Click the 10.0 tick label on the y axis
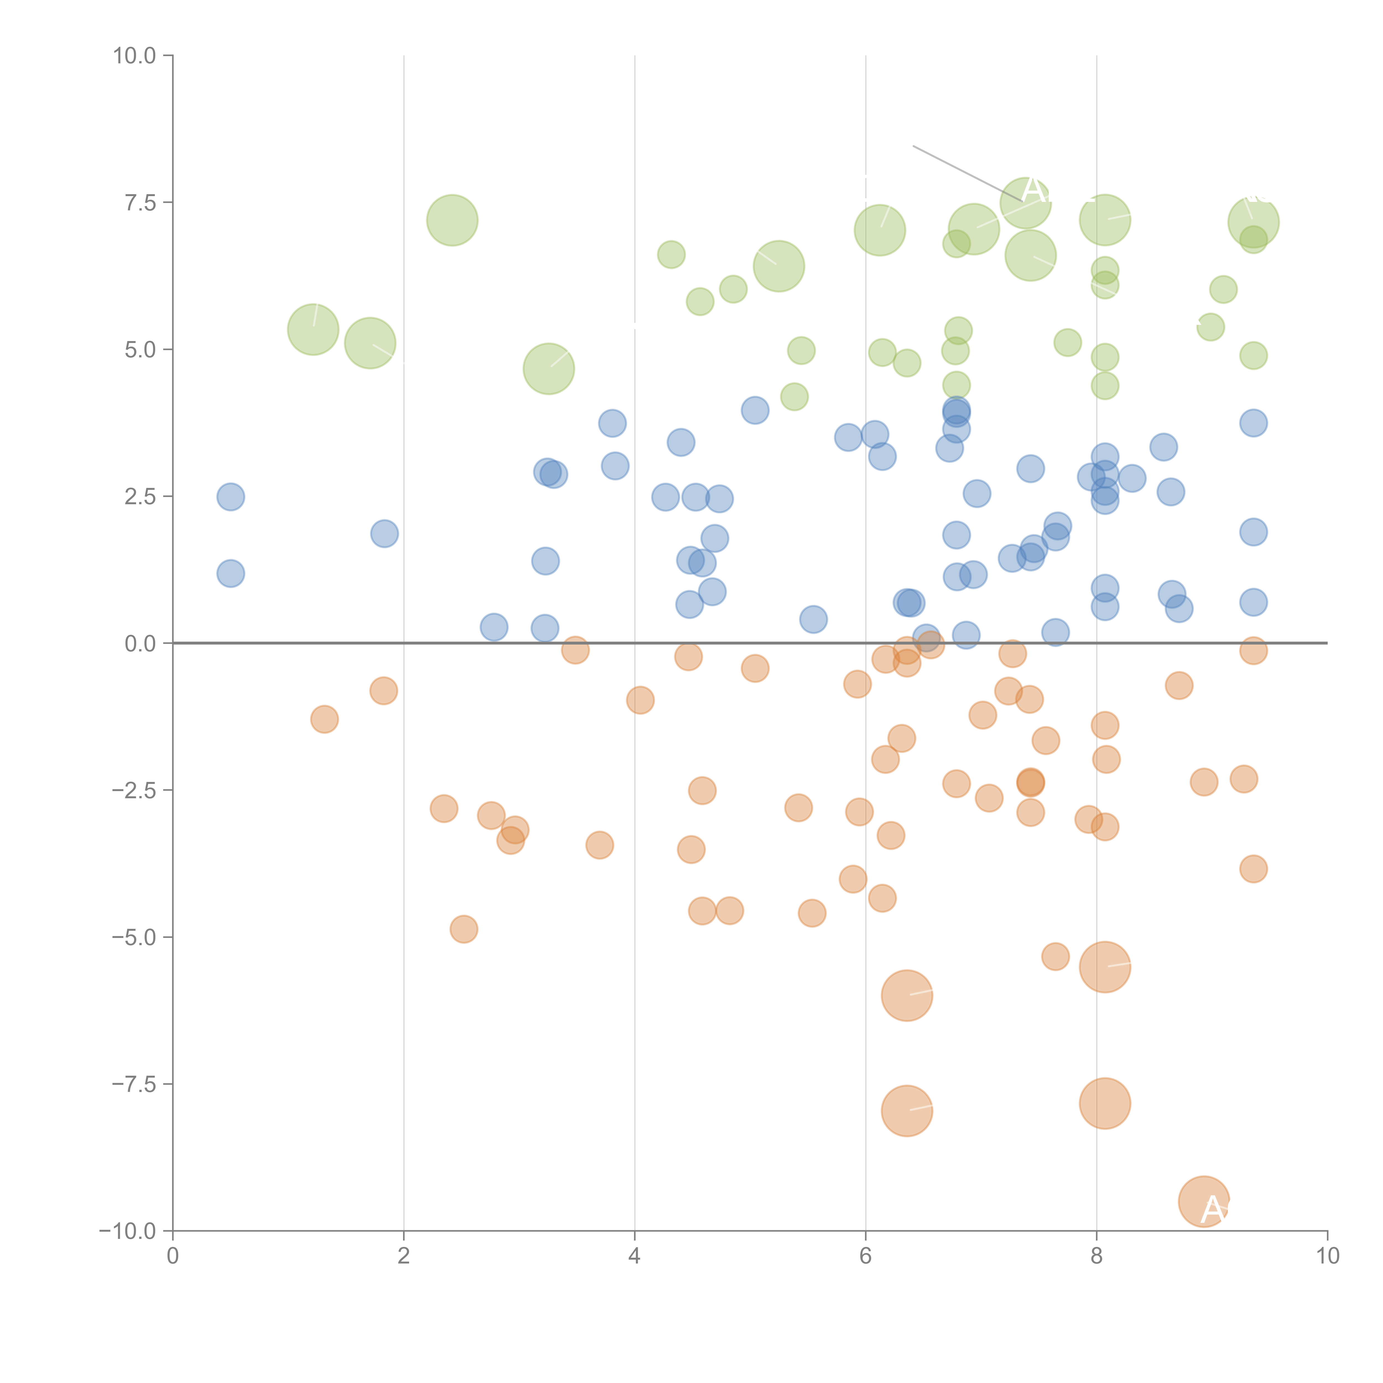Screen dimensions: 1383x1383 [135, 56]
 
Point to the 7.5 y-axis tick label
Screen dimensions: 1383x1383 [140, 202]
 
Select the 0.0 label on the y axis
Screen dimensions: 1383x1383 [140, 644]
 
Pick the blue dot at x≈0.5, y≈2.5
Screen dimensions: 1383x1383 [230, 497]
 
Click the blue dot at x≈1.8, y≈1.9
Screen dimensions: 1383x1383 [384, 533]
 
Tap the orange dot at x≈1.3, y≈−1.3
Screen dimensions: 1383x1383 [324, 719]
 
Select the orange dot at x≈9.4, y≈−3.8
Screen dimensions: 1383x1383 [1253, 869]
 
